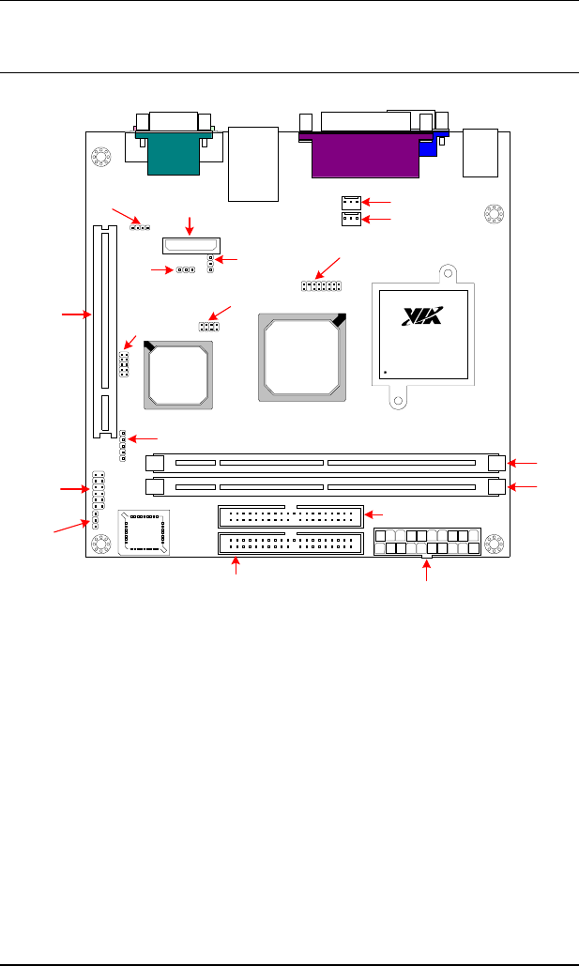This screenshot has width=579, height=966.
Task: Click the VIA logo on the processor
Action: click(422, 316)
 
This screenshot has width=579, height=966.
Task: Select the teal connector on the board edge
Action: click(174, 153)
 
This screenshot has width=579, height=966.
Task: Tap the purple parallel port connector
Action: click(366, 155)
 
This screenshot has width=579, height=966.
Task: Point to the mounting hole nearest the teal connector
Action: click(100, 157)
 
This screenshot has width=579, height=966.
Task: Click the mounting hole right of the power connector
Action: click(494, 544)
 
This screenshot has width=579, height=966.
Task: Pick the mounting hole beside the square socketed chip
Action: click(100, 544)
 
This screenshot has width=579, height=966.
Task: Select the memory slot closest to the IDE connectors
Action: click(326, 486)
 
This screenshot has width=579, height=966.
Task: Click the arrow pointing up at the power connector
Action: click(426, 571)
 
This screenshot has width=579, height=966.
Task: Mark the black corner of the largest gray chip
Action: click(338, 319)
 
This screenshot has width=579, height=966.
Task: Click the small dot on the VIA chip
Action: click(385, 372)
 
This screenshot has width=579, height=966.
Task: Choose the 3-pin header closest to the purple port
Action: click(351, 202)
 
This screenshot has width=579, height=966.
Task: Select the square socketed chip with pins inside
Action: click(145, 532)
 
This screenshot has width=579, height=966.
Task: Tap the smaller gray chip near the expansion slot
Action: click(178, 376)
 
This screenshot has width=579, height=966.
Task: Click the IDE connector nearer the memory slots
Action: click(291, 516)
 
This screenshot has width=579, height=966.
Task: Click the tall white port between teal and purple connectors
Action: click(253, 164)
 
